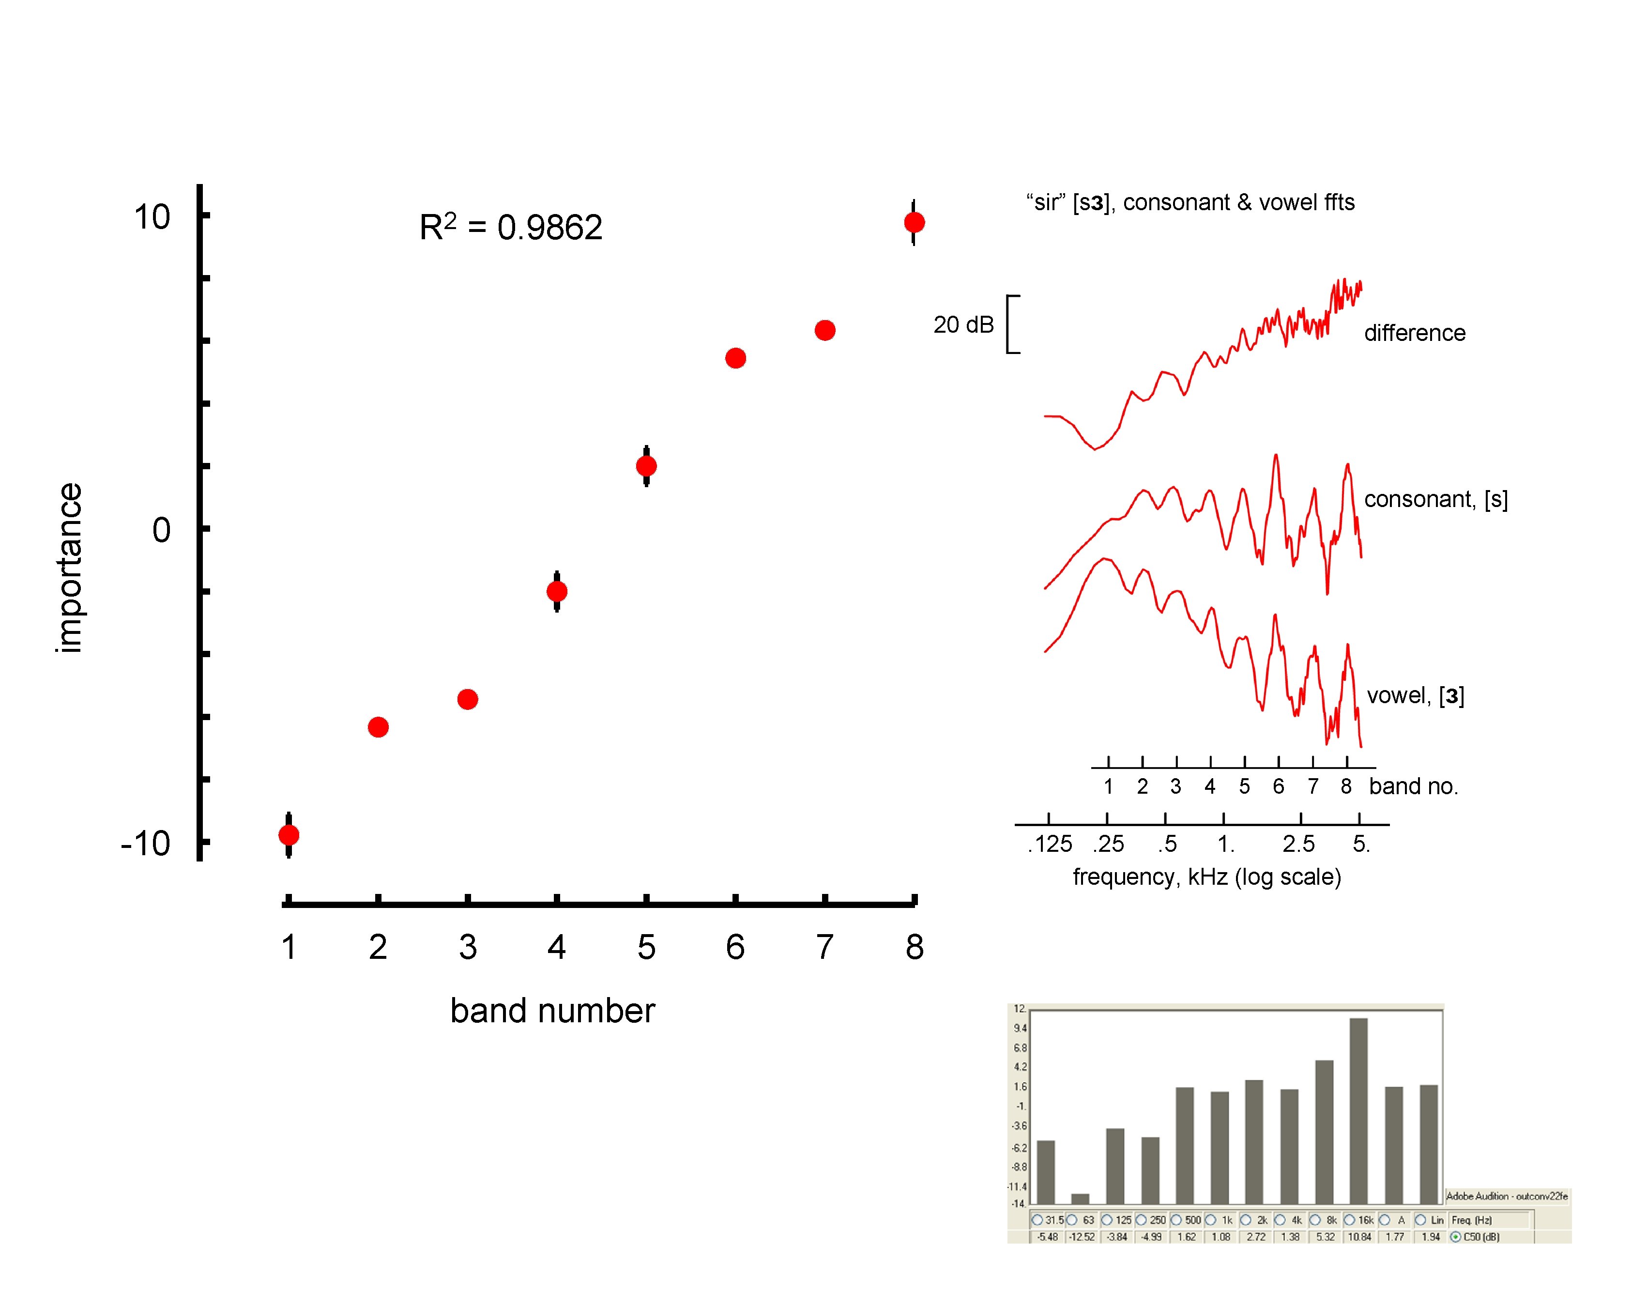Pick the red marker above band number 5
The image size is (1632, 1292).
[x=646, y=466]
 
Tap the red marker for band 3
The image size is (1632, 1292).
[x=467, y=699]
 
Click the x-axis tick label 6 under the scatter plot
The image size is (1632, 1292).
[x=735, y=947]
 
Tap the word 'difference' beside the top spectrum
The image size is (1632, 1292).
[x=1414, y=333]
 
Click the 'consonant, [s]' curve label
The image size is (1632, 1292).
[x=1435, y=499]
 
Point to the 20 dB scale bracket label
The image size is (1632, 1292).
[x=963, y=324]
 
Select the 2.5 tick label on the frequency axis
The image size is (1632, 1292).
[x=1298, y=844]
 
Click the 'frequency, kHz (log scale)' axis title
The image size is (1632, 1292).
[x=1207, y=877]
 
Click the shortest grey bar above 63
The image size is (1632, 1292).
[x=1080, y=1199]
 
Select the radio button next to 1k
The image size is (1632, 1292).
[x=1211, y=1220]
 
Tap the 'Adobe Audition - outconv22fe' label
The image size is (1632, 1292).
[x=1507, y=1196]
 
